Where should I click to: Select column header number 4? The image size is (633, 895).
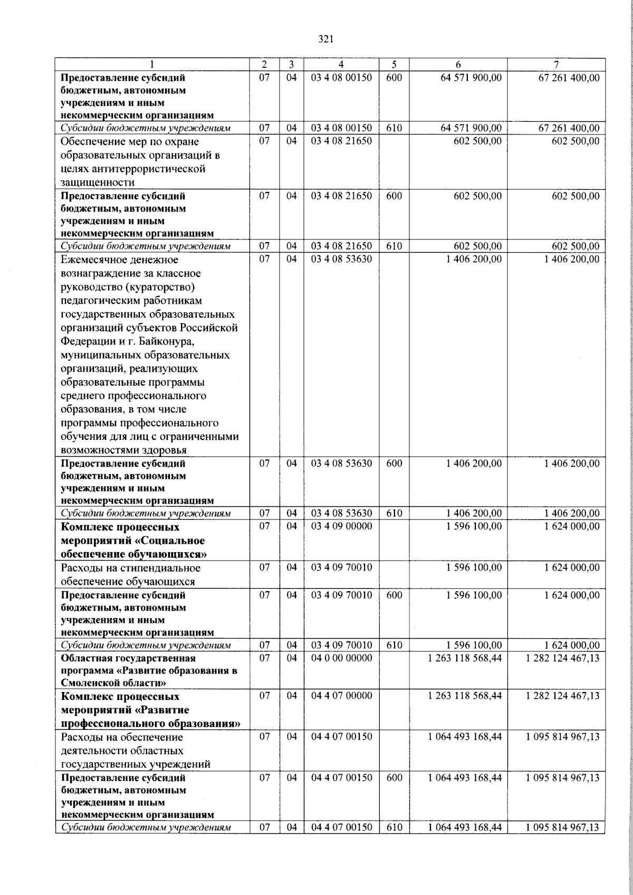[341, 64]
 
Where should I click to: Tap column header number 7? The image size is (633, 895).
[555, 64]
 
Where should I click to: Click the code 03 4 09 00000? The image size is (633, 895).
[341, 526]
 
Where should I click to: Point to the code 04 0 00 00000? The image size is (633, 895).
[341, 658]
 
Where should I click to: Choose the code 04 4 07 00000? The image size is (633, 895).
[341, 696]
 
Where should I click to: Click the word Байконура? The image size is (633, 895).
[157, 341]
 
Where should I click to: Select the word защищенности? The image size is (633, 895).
[98, 182]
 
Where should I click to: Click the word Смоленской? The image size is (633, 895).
[91, 683]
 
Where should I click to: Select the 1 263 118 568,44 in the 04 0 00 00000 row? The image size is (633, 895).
[465, 658]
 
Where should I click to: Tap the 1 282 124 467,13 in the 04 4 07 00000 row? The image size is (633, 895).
[563, 696]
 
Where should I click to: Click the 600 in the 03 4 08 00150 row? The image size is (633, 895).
[394, 78]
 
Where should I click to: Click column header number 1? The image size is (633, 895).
[152, 64]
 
